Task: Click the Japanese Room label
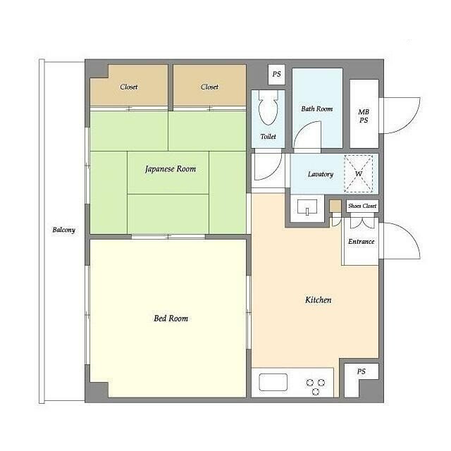pos(171,169)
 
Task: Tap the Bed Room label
pos(171,318)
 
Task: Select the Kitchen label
pos(318,300)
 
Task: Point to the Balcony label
pos(64,230)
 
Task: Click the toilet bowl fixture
pos(268,108)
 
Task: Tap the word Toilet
pos(268,136)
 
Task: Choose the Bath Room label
pos(317,109)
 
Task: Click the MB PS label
pos(364,116)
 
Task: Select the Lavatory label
pos(321,174)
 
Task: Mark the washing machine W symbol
pos(359,174)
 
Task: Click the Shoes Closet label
pos(362,206)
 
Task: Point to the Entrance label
pos(362,242)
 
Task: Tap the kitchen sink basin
pos(273,382)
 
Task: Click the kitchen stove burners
pos(316,387)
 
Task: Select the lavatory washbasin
pos(307,207)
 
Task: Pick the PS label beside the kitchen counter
pos(362,371)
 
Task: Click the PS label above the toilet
pos(276,74)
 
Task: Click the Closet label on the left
pos(129,87)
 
